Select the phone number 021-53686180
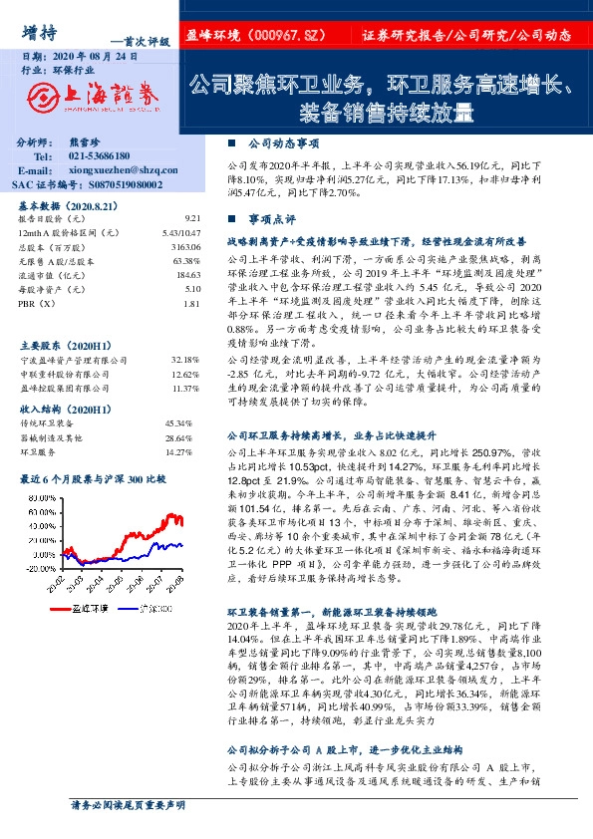[x=100, y=156]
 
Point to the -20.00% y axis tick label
[x=43, y=566]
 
